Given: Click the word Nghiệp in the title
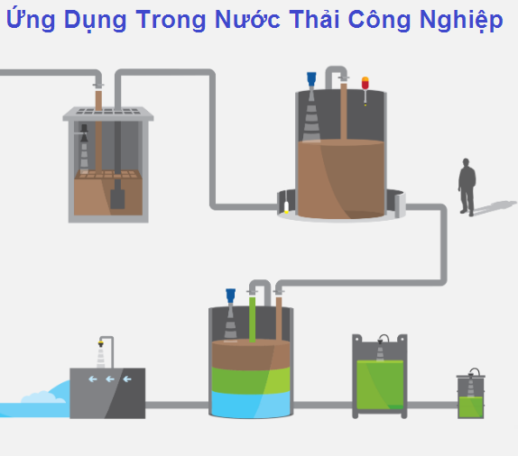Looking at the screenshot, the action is [x=461, y=20].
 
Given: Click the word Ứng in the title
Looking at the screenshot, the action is [x=31, y=19].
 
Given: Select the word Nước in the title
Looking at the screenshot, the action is [x=247, y=19].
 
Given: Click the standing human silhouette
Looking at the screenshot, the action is [x=467, y=187].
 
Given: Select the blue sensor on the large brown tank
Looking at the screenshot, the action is [x=311, y=79].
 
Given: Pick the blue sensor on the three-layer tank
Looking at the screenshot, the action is [x=231, y=296].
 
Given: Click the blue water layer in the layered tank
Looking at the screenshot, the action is [x=251, y=405].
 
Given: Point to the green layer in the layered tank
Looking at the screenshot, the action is [x=251, y=380].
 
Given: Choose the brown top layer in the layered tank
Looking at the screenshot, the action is [x=251, y=355].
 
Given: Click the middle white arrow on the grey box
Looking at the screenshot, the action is [x=110, y=379].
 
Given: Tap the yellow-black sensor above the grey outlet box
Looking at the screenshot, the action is [x=101, y=344].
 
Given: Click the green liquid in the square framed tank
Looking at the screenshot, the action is [x=380, y=385].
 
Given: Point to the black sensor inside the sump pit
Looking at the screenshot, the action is [x=84, y=133].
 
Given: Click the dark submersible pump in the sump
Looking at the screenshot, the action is [x=117, y=198].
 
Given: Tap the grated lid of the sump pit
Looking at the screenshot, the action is [x=108, y=114].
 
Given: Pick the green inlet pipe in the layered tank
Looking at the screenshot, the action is [x=253, y=319].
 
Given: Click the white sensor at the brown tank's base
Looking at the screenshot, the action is [x=286, y=207].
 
